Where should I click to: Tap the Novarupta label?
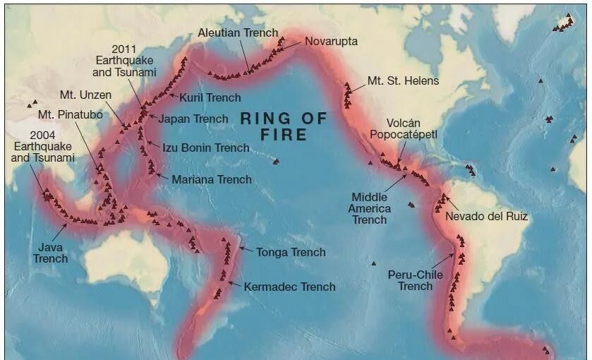[331, 41]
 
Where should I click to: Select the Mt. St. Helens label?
[403, 80]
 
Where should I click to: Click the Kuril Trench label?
[210, 97]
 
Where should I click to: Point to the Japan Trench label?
[193, 119]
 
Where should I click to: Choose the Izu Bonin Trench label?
[206, 148]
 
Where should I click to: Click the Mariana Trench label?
[211, 179]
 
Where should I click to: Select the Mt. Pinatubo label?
[71, 114]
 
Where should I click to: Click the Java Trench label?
[50, 253]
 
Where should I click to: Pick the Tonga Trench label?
[291, 252]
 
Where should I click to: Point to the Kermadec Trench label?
[289, 287]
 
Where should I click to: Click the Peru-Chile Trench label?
[415, 280]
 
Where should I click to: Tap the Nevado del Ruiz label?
[487, 216]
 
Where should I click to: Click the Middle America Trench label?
[370, 208]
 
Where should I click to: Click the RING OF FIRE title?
[284, 126]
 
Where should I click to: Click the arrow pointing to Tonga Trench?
[246, 249]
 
